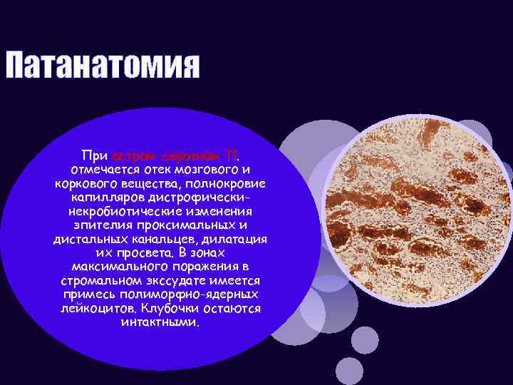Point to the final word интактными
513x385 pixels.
(x=161, y=322)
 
